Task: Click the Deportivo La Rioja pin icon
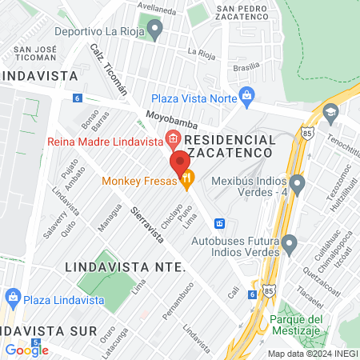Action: point(155,29)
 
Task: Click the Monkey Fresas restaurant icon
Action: point(186,181)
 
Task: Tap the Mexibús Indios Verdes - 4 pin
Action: point(298,186)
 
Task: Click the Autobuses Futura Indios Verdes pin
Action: point(289,242)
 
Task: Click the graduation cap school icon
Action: point(330,114)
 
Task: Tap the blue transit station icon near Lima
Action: point(220,222)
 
